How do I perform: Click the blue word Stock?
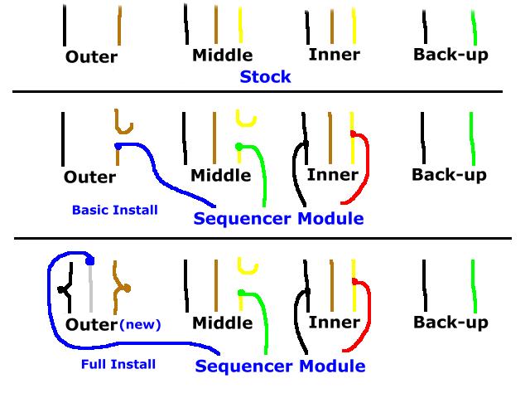pos(265,77)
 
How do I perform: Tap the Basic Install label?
pos(115,210)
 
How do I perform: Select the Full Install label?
pos(118,364)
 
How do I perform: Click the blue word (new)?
pos(140,324)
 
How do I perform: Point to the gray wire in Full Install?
pos(90,288)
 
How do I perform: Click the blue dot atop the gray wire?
pos(90,261)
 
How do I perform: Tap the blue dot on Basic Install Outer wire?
pos(118,147)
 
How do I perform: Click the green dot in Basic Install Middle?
pos(239,147)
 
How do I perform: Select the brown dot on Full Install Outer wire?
pos(127,289)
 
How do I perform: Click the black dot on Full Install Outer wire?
pos(60,289)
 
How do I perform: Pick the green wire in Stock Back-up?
pos(475,27)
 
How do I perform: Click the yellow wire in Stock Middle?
pos(240,25)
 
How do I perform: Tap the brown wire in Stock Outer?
pos(119,26)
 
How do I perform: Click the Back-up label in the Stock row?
pos(450,55)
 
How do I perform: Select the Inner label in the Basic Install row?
pos(333,175)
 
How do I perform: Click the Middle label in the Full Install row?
pos(223,323)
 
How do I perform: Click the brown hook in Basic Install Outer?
pos(123,123)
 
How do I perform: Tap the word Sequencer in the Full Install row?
pos(244,366)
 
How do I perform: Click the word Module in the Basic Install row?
pos(330,218)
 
